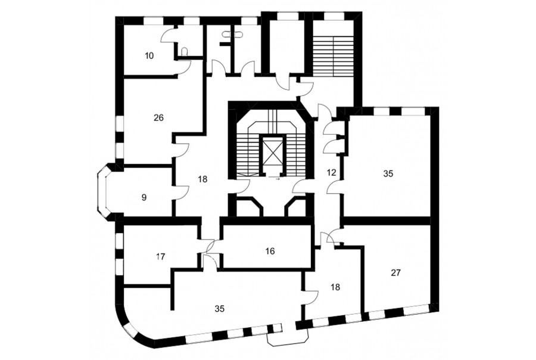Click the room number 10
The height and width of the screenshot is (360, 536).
(x=149, y=55)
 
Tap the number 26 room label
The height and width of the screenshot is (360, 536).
(x=158, y=118)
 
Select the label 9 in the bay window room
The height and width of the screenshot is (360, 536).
(x=144, y=197)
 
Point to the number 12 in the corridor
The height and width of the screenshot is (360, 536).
(x=332, y=172)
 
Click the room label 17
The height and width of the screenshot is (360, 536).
(x=160, y=256)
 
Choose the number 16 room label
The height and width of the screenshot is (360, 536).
(x=270, y=251)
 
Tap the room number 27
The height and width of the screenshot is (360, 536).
(x=396, y=273)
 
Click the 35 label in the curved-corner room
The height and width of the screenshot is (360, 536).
(x=219, y=308)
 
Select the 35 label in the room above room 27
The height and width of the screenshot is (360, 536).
(x=388, y=173)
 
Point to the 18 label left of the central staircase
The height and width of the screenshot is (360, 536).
(x=202, y=179)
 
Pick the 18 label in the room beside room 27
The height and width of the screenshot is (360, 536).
(x=336, y=287)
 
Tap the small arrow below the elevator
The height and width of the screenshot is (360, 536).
(x=278, y=179)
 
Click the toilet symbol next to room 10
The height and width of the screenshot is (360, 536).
(x=185, y=51)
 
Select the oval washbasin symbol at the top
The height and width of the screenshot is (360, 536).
(x=233, y=34)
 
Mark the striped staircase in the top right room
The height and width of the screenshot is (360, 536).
(x=334, y=55)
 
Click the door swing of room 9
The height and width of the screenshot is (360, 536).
(x=183, y=193)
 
